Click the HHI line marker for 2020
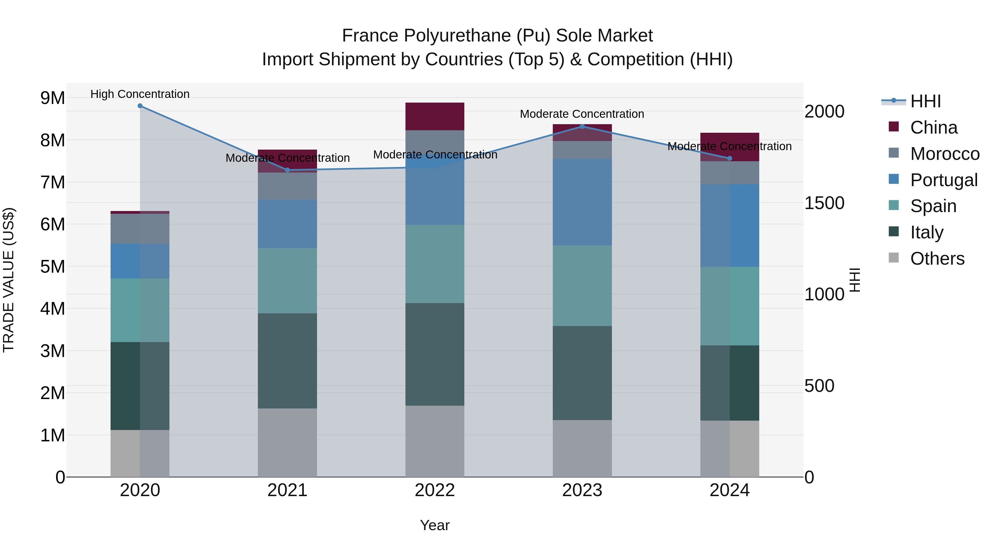140,106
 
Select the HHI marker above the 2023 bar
582,126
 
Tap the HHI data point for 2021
287,170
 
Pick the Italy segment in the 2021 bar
287,361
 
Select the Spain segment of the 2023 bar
582,286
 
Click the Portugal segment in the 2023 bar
582,202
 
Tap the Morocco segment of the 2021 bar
287,186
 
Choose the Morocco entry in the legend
944,154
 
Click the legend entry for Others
937,259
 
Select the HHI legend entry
925,101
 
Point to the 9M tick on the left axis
53,98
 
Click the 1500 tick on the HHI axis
824,203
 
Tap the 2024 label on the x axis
729,490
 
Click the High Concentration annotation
140,94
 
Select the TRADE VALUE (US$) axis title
9,280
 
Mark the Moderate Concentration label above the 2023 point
582,114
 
